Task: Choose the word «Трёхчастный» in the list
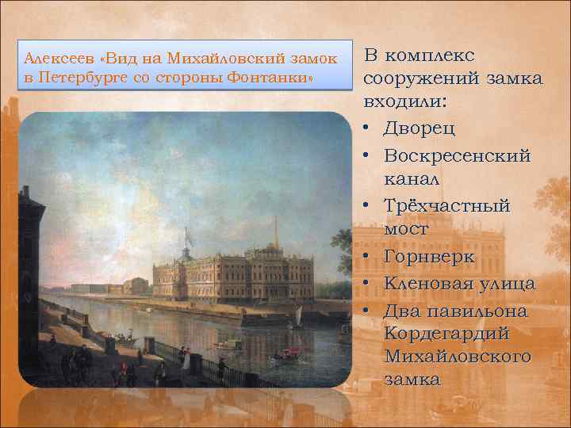pos(447,206)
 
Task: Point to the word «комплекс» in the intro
pos(433,55)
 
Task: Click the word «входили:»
pos(405,103)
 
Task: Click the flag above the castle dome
pos(187,235)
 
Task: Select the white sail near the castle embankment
pos(298,317)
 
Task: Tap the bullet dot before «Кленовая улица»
pos(370,283)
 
